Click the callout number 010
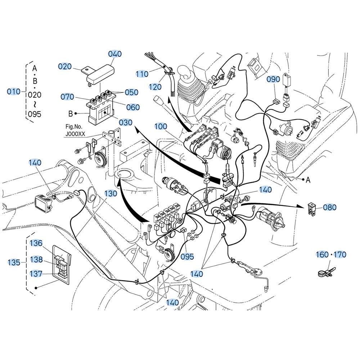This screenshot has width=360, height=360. point(14,91)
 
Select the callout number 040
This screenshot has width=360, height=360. point(115,54)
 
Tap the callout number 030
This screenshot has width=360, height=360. point(126,122)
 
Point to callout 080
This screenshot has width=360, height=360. point(330,207)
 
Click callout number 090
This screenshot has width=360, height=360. point(273,79)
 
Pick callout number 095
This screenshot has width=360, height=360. point(187,256)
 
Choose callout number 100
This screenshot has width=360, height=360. point(161,126)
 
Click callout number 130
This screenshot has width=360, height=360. point(111,193)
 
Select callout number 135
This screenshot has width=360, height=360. point(14,262)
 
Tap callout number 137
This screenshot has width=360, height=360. point(36,274)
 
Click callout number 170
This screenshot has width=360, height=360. point(340,255)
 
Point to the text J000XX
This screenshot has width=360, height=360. point(76,134)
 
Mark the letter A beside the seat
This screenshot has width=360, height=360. point(308,180)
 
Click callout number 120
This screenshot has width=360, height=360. point(155,87)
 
